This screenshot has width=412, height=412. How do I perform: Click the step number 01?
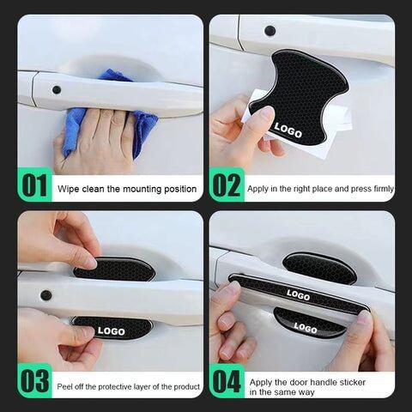pos(34,185)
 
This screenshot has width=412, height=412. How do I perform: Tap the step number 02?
pos(227,185)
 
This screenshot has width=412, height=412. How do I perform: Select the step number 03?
pos(35,381)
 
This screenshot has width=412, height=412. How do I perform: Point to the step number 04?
pos(227,381)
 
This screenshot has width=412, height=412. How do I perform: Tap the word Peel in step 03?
pos(64,387)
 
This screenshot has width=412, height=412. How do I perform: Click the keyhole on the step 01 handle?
pos(57,90)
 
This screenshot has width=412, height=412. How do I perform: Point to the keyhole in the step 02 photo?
pos(270,31)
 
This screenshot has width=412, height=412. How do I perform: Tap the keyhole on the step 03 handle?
pos(45,295)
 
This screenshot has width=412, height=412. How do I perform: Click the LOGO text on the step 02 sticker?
pos(288,130)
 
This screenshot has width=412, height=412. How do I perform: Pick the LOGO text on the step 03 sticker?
pos(112,330)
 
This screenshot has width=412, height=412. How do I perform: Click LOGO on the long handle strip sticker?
pos(298,294)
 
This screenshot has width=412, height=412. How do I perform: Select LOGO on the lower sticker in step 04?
pos(306,328)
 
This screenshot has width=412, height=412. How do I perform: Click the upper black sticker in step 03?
pos(114,269)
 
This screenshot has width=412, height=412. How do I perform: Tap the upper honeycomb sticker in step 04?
pos(319,267)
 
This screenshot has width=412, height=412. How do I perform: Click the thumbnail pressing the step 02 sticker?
pos(267,113)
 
